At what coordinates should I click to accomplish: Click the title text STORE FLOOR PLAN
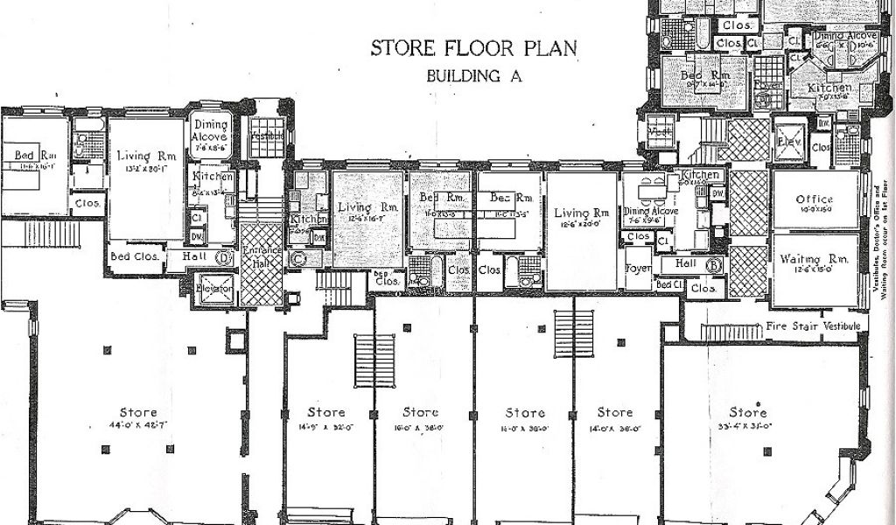coord(473,47)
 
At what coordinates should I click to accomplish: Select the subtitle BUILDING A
coord(473,75)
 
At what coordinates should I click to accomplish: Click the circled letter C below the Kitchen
coord(298,257)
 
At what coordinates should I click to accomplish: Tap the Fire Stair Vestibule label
coord(813,325)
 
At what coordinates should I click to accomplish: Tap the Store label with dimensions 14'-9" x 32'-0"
coord(326,412)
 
